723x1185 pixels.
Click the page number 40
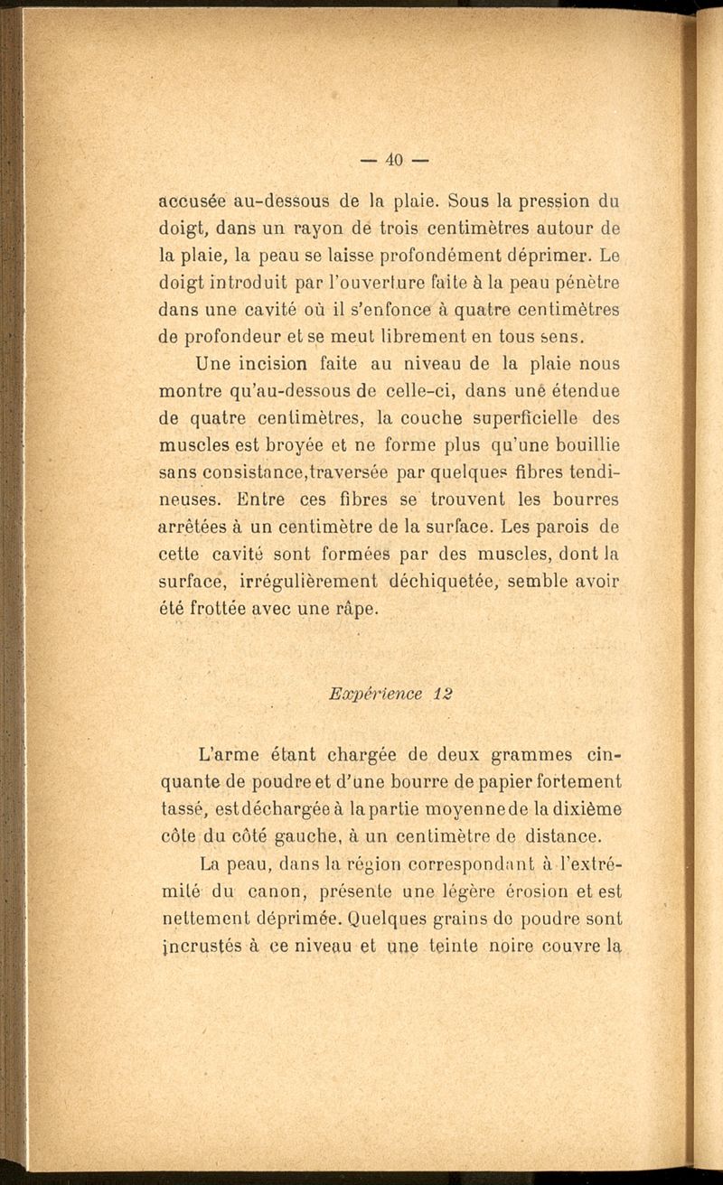pyautogui.click(x=393, y=161)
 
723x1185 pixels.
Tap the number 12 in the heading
pyautogui.click(x=442, y=694)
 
